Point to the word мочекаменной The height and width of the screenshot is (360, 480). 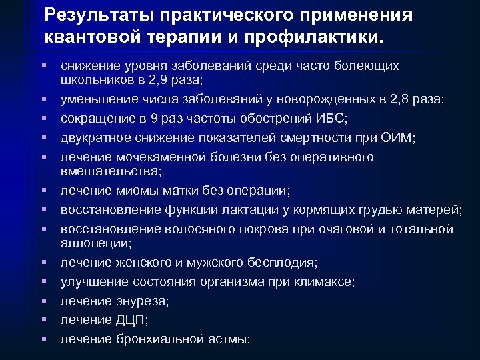[x=153, y=157]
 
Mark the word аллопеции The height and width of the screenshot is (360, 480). [x=97, y=243]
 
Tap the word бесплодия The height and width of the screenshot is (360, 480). [x=277, y=262]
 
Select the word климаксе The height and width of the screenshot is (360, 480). [x=323, y=281]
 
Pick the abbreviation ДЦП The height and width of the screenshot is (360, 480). [x=131, y=320]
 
